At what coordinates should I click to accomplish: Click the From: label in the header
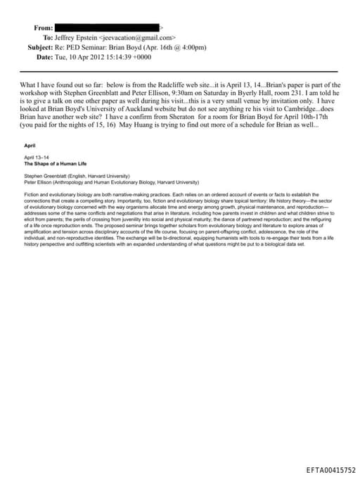(43, 27)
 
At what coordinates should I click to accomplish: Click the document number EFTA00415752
(330, 469)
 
